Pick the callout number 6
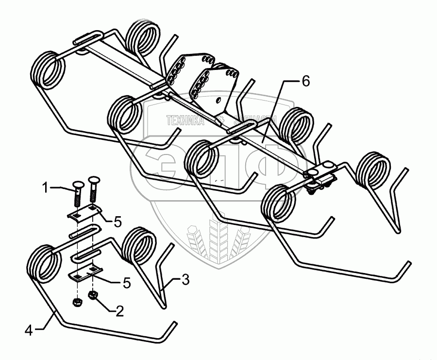(305, 82)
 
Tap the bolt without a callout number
(93, 190)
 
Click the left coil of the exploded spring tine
(45, 264)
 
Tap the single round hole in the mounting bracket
(219, 100)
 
